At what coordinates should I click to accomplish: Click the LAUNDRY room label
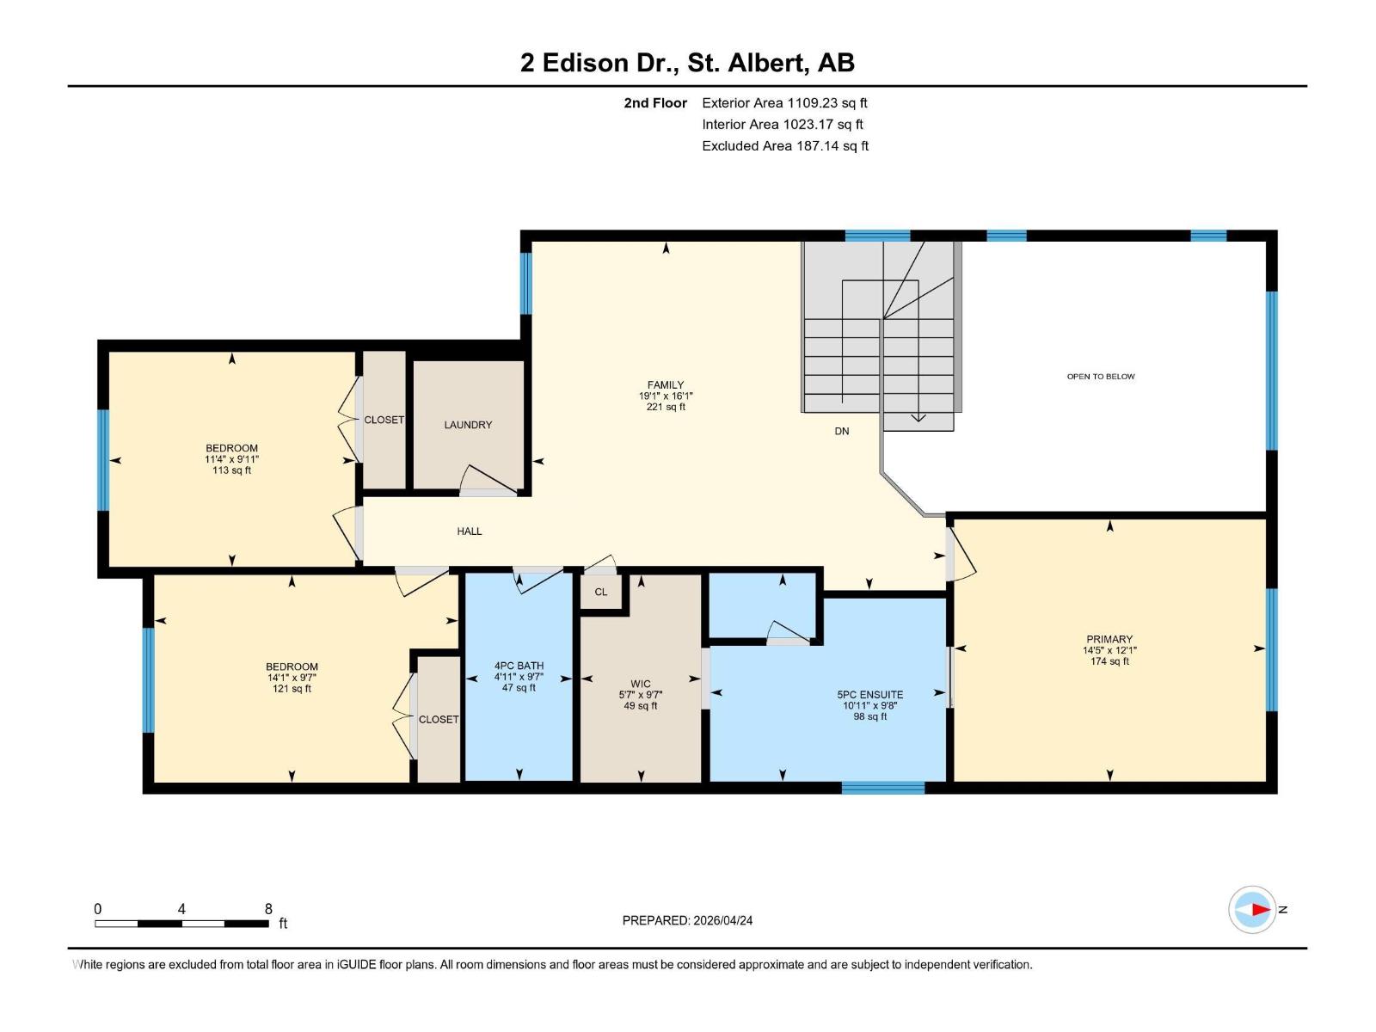468,425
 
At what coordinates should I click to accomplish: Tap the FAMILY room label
666,385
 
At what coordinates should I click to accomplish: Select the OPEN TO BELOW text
1101,377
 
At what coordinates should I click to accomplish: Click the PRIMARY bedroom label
1109,639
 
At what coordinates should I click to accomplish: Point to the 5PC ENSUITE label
869,695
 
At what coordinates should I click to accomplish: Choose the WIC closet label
641,685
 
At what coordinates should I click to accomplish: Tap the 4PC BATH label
519,666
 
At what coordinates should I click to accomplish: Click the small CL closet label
601,592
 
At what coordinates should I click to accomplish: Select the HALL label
470,531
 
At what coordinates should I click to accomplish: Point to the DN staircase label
842,431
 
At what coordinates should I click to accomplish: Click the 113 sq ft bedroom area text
231,470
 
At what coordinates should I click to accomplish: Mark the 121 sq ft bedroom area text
292,689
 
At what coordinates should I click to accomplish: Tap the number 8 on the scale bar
268,909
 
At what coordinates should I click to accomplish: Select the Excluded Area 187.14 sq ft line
784,146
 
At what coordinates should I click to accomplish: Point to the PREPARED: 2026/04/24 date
687,920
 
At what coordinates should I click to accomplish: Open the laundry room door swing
488,481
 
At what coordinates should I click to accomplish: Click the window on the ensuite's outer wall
882,787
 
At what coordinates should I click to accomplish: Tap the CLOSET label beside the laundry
384,420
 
